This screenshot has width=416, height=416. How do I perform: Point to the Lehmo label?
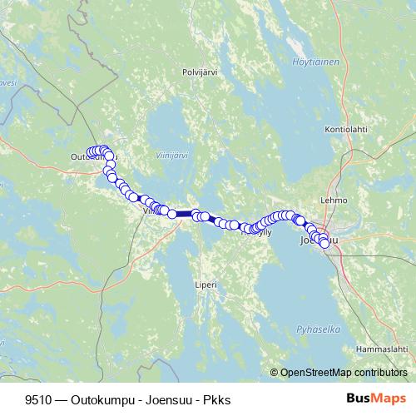334,201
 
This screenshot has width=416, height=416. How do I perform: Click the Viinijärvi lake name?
171,155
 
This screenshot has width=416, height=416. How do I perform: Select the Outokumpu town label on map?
93,156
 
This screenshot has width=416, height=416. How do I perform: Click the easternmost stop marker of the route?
324,244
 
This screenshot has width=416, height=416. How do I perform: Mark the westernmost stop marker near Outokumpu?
91,152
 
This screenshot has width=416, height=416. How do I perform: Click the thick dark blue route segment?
184,214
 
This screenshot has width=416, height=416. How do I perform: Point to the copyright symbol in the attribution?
275,372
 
